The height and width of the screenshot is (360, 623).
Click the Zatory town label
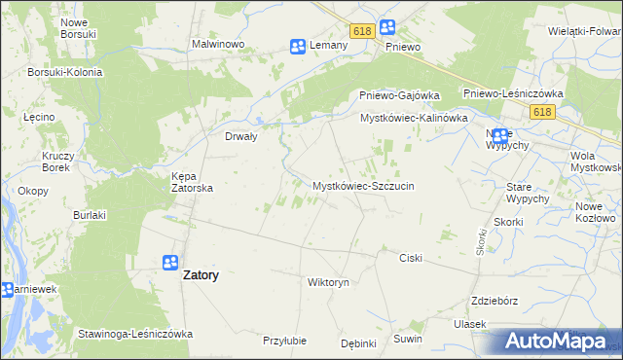click(x=201, y=275)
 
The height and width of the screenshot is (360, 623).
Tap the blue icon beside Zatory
click(x=169, y=263)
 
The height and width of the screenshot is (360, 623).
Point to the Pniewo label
click(x=402, y=47)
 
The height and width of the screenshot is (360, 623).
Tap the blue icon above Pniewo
click(x=386, y=28)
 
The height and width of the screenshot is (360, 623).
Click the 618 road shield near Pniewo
click(x=362, y=31)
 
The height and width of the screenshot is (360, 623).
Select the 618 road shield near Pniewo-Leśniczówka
click(x=542, y=113)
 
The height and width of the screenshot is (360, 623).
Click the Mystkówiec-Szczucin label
click(x=363, y=185)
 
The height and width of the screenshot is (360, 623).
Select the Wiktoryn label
click(x=327, y=283)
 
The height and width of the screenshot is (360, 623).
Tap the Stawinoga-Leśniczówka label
click(x=135, y=334)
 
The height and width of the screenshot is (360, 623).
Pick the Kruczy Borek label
click(x=56, y=162)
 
